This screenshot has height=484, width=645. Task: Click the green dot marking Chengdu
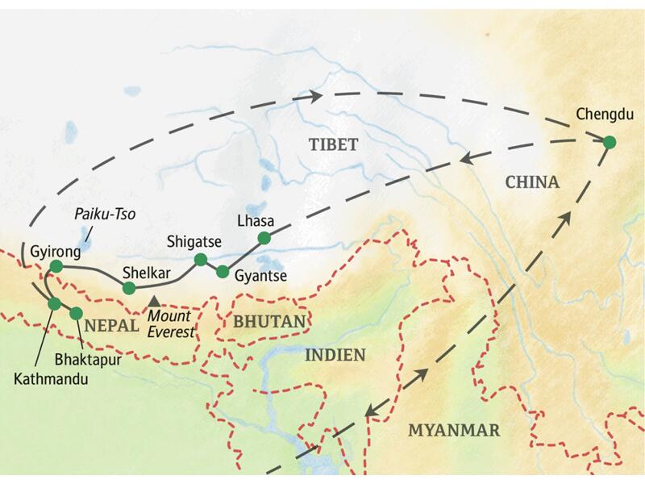click(610, 143)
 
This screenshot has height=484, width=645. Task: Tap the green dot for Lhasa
click(263, 237)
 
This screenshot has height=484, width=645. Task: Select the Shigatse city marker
click(200, 260)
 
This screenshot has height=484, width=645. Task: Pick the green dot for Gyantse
click(223, 272)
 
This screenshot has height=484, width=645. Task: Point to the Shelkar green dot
click(129, 288)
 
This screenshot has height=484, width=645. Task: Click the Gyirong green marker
click(56, 266)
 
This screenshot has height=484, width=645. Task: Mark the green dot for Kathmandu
click(54, 304)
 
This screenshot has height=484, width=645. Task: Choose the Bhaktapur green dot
click(77, 313)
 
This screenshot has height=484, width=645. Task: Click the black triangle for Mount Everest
click(155, 300)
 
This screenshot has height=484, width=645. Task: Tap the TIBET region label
click(333, 144)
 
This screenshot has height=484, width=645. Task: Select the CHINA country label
click(531, 183)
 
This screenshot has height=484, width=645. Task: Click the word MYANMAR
click(453, 429)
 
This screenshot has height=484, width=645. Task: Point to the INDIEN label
click(335, 355)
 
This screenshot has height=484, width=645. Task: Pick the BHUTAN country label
click(269, 322)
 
